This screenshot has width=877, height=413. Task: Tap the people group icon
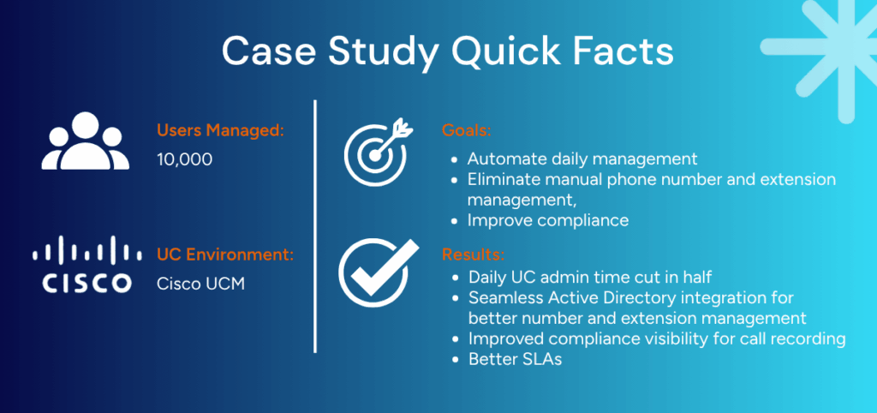point(86,141)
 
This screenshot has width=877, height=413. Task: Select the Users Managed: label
point(220,131)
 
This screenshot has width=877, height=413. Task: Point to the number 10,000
point(185,159)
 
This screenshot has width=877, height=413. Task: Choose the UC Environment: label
point(225,255)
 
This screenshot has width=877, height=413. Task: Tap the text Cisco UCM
point(200,284)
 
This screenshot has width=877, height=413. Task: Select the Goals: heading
point(467,131)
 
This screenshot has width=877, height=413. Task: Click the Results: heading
point(473,255)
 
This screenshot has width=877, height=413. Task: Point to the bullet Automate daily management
point(582,159)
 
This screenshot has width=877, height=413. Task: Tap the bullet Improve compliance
point(548,220)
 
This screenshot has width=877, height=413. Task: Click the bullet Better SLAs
point(515,359)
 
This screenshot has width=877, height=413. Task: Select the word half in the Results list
point(695,277)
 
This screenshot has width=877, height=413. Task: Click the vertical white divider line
point(315,227)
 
